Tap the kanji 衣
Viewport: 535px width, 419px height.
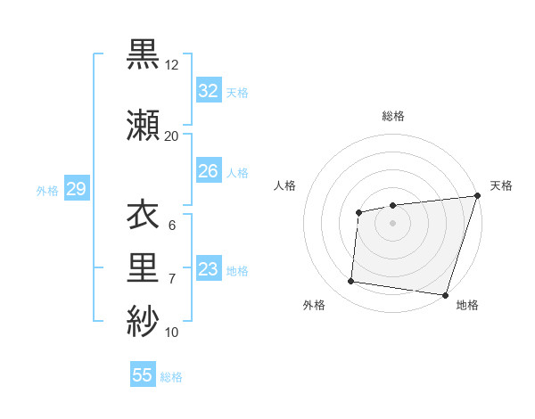143,216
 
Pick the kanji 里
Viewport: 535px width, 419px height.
143,267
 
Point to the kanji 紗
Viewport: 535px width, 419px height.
143,320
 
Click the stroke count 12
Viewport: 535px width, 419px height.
172,66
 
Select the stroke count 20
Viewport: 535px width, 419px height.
172,136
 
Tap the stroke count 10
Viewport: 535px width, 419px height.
172,333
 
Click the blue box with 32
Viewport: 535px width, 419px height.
208,90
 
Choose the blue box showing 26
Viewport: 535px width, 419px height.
208,171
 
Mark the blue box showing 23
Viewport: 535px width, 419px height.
208,269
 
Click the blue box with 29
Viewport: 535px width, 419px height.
76,189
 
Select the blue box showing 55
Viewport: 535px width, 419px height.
143,375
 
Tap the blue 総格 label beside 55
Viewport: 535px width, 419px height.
171,377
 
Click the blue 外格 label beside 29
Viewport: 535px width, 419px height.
47,190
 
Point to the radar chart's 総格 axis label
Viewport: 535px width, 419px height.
393,116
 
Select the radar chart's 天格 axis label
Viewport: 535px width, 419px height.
501,185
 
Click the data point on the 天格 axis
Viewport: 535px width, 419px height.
477,196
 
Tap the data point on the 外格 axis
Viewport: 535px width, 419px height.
351,282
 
